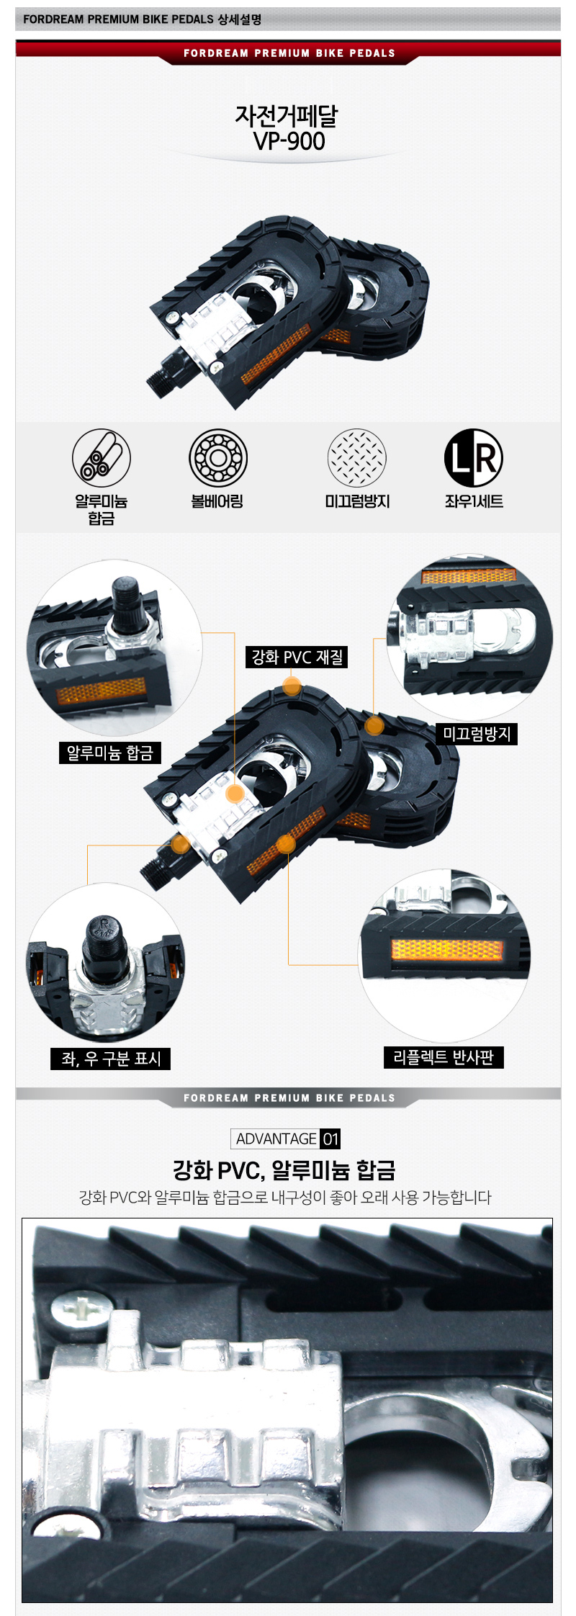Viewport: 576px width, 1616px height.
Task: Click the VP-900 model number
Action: (289, 141)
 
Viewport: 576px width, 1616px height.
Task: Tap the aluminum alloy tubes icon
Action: (101, 457)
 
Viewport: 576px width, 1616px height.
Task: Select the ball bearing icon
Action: (217, 457)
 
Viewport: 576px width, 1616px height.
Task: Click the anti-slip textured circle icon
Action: (357, 457)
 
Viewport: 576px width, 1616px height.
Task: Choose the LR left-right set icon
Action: (473, 457)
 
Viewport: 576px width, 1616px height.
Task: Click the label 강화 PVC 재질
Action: (297, 657)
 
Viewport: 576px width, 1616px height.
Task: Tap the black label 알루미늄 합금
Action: (110, 753)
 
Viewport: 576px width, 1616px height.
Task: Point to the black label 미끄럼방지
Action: (477, 734)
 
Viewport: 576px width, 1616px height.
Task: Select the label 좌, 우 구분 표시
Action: (111, 1058)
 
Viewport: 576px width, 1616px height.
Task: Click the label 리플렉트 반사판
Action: (444, 1057)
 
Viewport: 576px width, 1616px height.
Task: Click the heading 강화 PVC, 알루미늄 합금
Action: (284, 1170)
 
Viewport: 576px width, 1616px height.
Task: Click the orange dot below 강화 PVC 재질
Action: (292, 686)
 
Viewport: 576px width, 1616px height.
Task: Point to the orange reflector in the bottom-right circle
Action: (446, 949)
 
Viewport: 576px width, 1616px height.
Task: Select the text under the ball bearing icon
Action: (217, 501)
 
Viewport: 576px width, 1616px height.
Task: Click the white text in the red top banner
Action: (289, 53)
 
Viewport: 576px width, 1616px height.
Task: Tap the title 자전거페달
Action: (286, 115)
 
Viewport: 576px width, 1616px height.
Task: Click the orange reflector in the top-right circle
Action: (469, 576)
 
